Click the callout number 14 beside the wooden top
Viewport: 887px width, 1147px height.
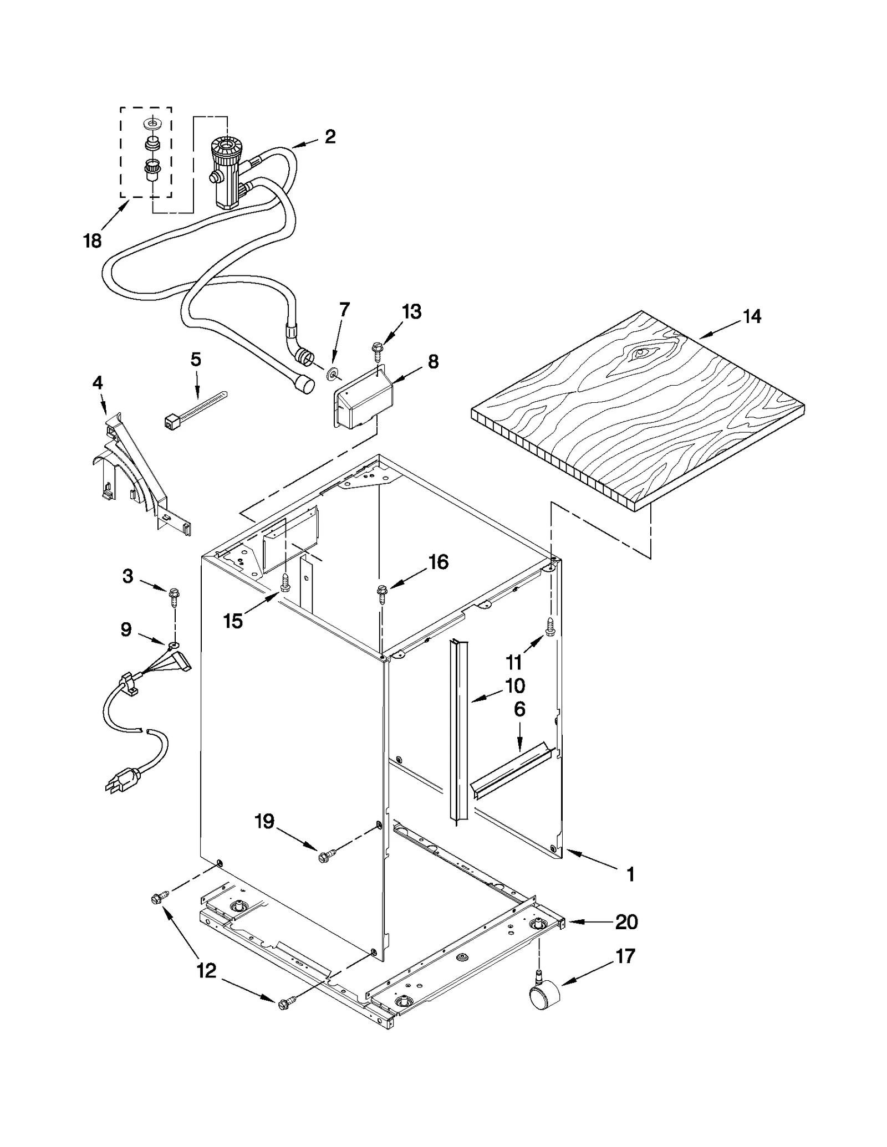pos(752,317)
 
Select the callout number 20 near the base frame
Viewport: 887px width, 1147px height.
pos(626,922)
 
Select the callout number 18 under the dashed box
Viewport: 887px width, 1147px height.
pos(93,240)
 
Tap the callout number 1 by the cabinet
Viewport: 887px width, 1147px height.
pos(630,874)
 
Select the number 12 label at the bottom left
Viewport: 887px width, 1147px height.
pos(206,970)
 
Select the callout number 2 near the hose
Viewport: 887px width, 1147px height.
pos(330,136)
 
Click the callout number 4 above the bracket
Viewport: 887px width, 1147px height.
pos(98,382)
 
